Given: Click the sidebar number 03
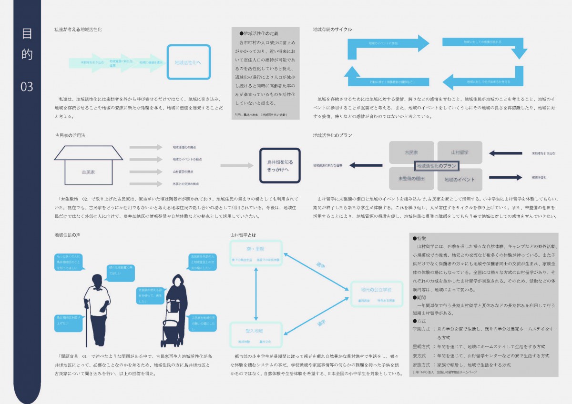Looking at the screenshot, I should click(27, 86).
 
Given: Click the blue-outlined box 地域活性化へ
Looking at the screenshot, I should click(188, 62).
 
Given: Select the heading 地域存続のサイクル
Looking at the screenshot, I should click(333, 30).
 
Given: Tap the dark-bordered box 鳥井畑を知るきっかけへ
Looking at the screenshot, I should click(280, 165).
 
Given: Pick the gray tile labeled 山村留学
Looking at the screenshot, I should click(460, 152).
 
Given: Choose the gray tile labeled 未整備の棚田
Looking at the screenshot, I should click(411, 179).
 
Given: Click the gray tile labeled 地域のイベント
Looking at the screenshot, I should click(460, 180).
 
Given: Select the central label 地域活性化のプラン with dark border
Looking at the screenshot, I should click(437, 166).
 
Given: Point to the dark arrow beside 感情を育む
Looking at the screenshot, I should click(505, 177).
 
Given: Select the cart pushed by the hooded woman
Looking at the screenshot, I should click(170, 329).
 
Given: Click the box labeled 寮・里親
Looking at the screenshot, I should click(256, 253).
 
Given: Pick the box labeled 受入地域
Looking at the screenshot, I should click(256, 334).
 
